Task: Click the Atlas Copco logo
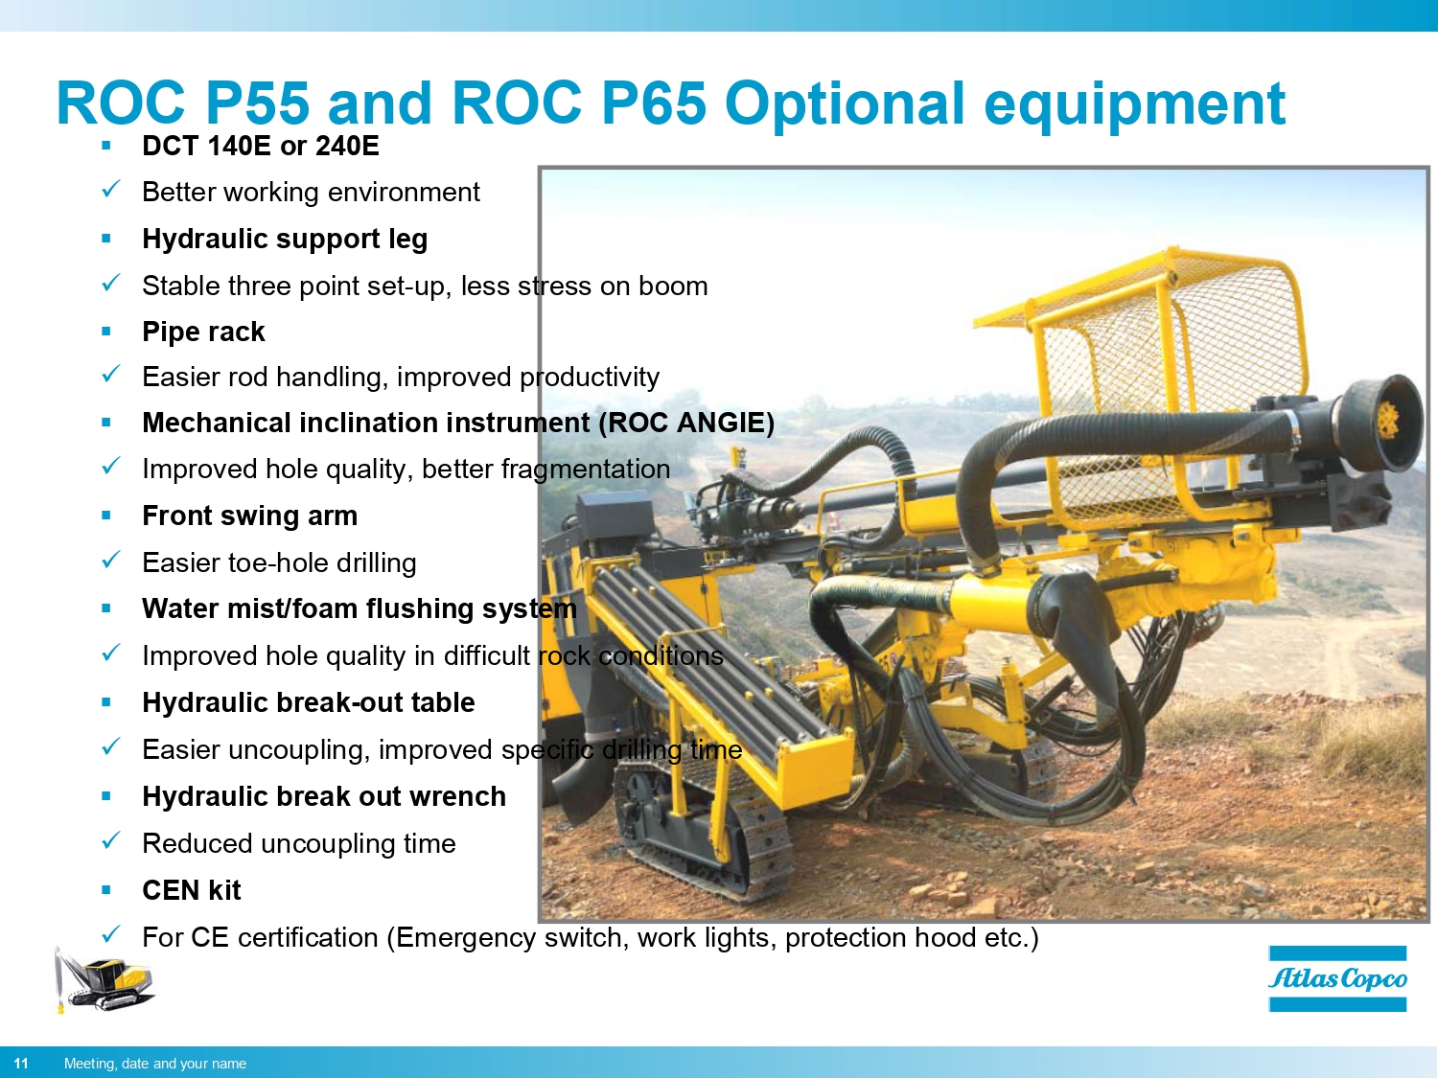(1337, 978)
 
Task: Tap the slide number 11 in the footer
(21, 1063)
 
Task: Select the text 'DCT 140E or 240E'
(260, 146)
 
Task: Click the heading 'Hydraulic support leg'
(285, 239)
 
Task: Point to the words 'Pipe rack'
(203, 332)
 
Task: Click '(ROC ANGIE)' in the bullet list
(685, 423)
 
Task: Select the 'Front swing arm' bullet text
(249, 516)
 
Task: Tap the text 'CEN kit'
(192, 890)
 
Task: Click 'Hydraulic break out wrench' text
(324, 796)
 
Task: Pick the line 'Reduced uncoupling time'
(298, 843)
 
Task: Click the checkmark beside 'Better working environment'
(111, 190)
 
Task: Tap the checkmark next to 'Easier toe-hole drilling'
(111, 561)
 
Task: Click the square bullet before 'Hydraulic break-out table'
(106, 702)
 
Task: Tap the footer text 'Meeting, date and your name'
(155, 1063)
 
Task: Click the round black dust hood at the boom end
(1380, 422)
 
